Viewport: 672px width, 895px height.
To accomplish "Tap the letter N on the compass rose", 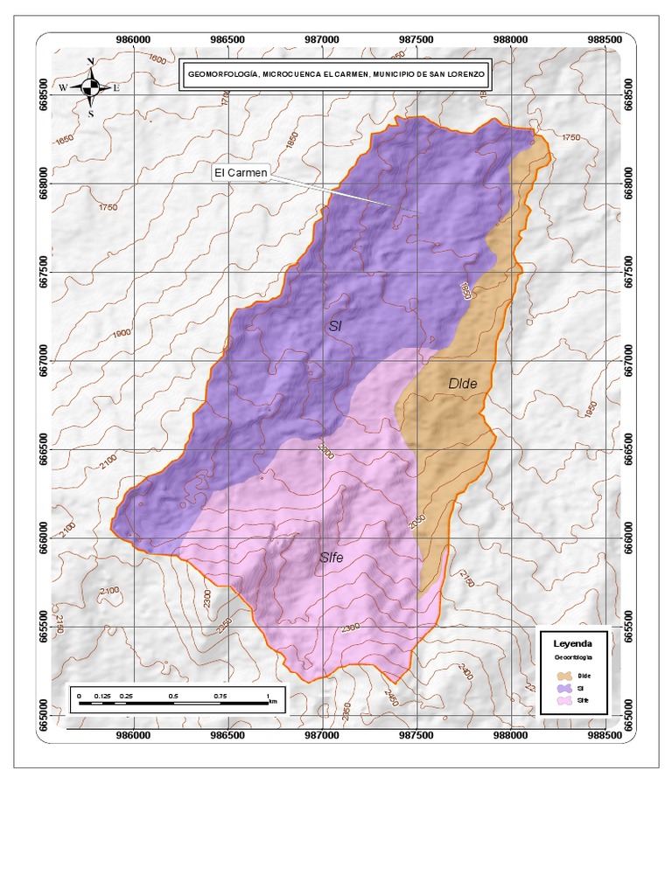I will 91,62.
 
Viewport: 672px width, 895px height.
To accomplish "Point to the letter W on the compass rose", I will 63,88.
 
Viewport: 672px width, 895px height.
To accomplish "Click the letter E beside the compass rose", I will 116,88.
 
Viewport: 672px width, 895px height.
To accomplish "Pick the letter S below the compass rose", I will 91,114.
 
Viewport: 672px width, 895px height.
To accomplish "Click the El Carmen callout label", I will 241,173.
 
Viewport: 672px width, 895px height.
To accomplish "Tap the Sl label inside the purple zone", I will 334,327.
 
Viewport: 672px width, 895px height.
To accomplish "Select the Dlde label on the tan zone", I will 464,384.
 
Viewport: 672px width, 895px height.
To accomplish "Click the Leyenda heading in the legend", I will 572,642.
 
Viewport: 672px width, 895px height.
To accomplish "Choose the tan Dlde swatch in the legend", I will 564,676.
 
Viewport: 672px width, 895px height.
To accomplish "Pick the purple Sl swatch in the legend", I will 564,688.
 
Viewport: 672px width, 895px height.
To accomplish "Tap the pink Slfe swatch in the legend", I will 564,700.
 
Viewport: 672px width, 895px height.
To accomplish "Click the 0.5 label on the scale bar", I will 172,696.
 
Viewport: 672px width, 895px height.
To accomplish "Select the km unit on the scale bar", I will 274,701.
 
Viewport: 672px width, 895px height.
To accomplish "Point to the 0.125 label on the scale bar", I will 102,696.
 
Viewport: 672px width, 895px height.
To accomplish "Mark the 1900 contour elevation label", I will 121,333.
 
